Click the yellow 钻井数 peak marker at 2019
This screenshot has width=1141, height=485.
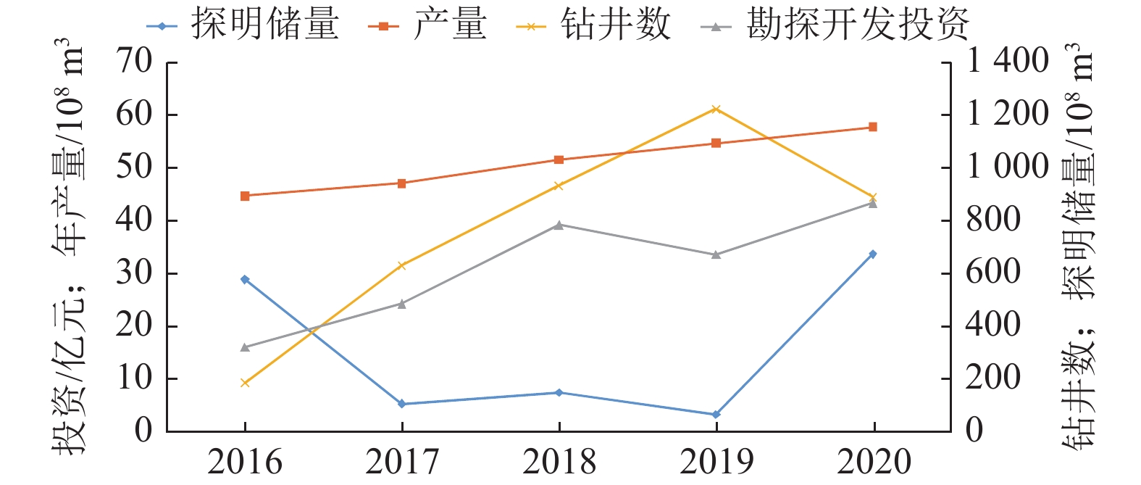click(x=716, y=109)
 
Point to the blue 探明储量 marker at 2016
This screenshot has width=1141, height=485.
click(x=245, y=279)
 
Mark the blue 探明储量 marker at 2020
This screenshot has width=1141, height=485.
click(x=873, y=254)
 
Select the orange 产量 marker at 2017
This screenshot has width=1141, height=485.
click(x=401, y=183)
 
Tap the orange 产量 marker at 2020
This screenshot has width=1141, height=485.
click(x=873, y=127)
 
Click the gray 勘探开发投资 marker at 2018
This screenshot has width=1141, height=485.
click(x=559, y=225)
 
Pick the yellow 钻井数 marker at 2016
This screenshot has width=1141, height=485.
click(x=245, y=383)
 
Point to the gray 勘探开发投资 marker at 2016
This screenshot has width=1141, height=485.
click(x=245, y=347)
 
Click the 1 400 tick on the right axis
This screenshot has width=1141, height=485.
click(x=1007, y=62)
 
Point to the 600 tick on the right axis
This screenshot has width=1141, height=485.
click(x=993, y=273)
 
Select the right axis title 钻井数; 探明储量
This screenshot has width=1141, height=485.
click(x=1079, y=246)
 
